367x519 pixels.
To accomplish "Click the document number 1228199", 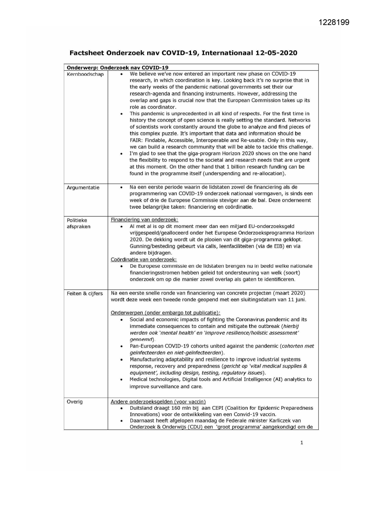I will (x=334, y=22).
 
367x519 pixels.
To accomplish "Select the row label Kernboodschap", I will (x=85, y=74).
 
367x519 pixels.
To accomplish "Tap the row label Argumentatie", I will (x=83, y=188).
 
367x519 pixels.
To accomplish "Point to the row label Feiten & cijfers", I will (x=85, y=294).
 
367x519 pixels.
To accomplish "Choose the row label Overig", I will (x=75, y=402).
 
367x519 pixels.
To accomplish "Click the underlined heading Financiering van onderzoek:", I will (x=145, y=220).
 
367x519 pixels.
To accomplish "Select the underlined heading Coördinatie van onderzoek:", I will (x=144, y=259).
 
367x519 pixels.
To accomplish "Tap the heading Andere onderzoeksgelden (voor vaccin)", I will (x=158, y=402).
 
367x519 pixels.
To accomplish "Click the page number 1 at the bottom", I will (x=302, y=443).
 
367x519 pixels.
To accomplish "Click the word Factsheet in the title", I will (x=87, y=53).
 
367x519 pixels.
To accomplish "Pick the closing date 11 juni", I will (x=297, y=300).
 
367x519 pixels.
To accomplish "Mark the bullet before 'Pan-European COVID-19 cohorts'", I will (x=122, y=346).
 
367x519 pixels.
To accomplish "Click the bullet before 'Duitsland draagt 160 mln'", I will (x=122, y=408).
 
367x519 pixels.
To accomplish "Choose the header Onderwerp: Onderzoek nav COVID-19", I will (x=118, y=67).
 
